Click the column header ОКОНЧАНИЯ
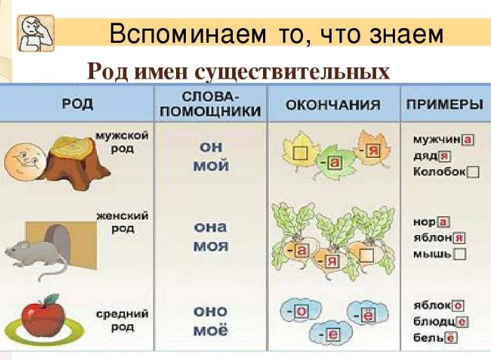click(333, 105)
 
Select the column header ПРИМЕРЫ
click(445, 104)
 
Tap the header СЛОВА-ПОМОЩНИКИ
click(210, 105)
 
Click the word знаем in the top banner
click(406, 34)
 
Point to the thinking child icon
click(35, 33)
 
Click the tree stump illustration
click(76, 163)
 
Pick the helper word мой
click(210, 166)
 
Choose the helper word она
click(210, 227)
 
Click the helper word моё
click(210, 330)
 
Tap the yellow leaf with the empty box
click(300, 152)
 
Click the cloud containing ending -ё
click(367, 314)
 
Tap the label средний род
click(123, 320)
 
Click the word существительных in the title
click(292, 72)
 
